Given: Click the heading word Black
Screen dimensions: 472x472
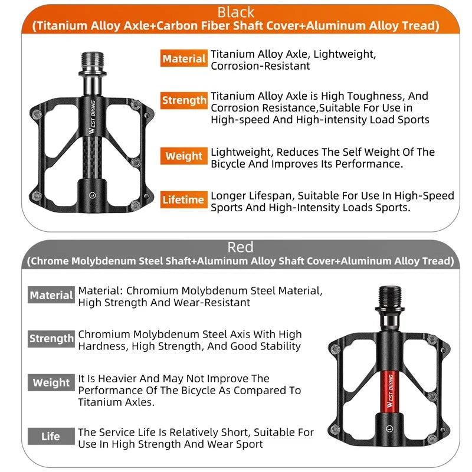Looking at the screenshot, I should (x=236, y=12).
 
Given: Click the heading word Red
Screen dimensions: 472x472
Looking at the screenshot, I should (x=240, y=247).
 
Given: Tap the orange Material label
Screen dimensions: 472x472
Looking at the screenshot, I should (x=183, y=59).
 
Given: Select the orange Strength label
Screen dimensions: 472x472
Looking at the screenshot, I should (x=183, y=100).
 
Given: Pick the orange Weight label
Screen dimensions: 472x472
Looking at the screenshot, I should (x=183, y=156).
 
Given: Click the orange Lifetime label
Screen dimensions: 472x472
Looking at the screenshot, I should (x=183, y=200).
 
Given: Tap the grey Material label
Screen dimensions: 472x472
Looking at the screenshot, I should (x=51, y=295).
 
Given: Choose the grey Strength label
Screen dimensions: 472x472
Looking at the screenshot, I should (x=51, y=339).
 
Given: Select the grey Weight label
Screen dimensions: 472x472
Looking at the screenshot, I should (x=51, y=382).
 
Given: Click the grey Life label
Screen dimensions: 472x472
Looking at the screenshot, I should (x=51, y=437).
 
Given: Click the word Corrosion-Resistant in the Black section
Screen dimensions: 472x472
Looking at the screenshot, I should (x=260, y=66).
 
